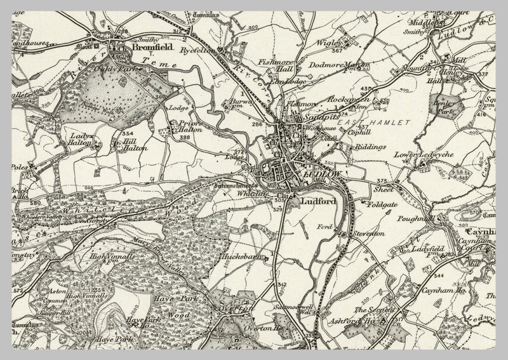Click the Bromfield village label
coord(150,47)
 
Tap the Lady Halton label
coord(82,140)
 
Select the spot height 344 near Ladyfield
coord(438,276)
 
